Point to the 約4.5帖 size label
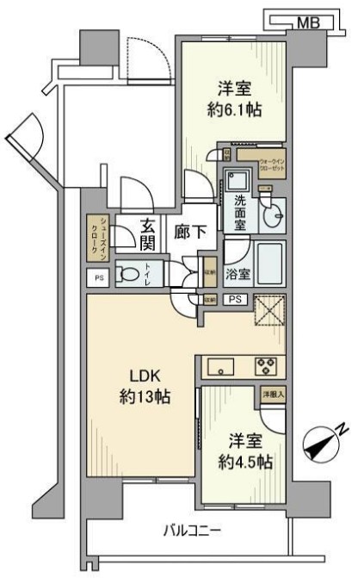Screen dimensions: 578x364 click(x=245, y=461)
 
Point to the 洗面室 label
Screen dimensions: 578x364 click(x=239, y=212)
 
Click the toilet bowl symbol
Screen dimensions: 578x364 click(x=128, y=275)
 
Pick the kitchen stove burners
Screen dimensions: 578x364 click(x=264, y=367)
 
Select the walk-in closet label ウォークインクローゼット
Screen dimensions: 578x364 click(x=262, y=164)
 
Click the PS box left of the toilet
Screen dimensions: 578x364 click(x=97, y=277)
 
